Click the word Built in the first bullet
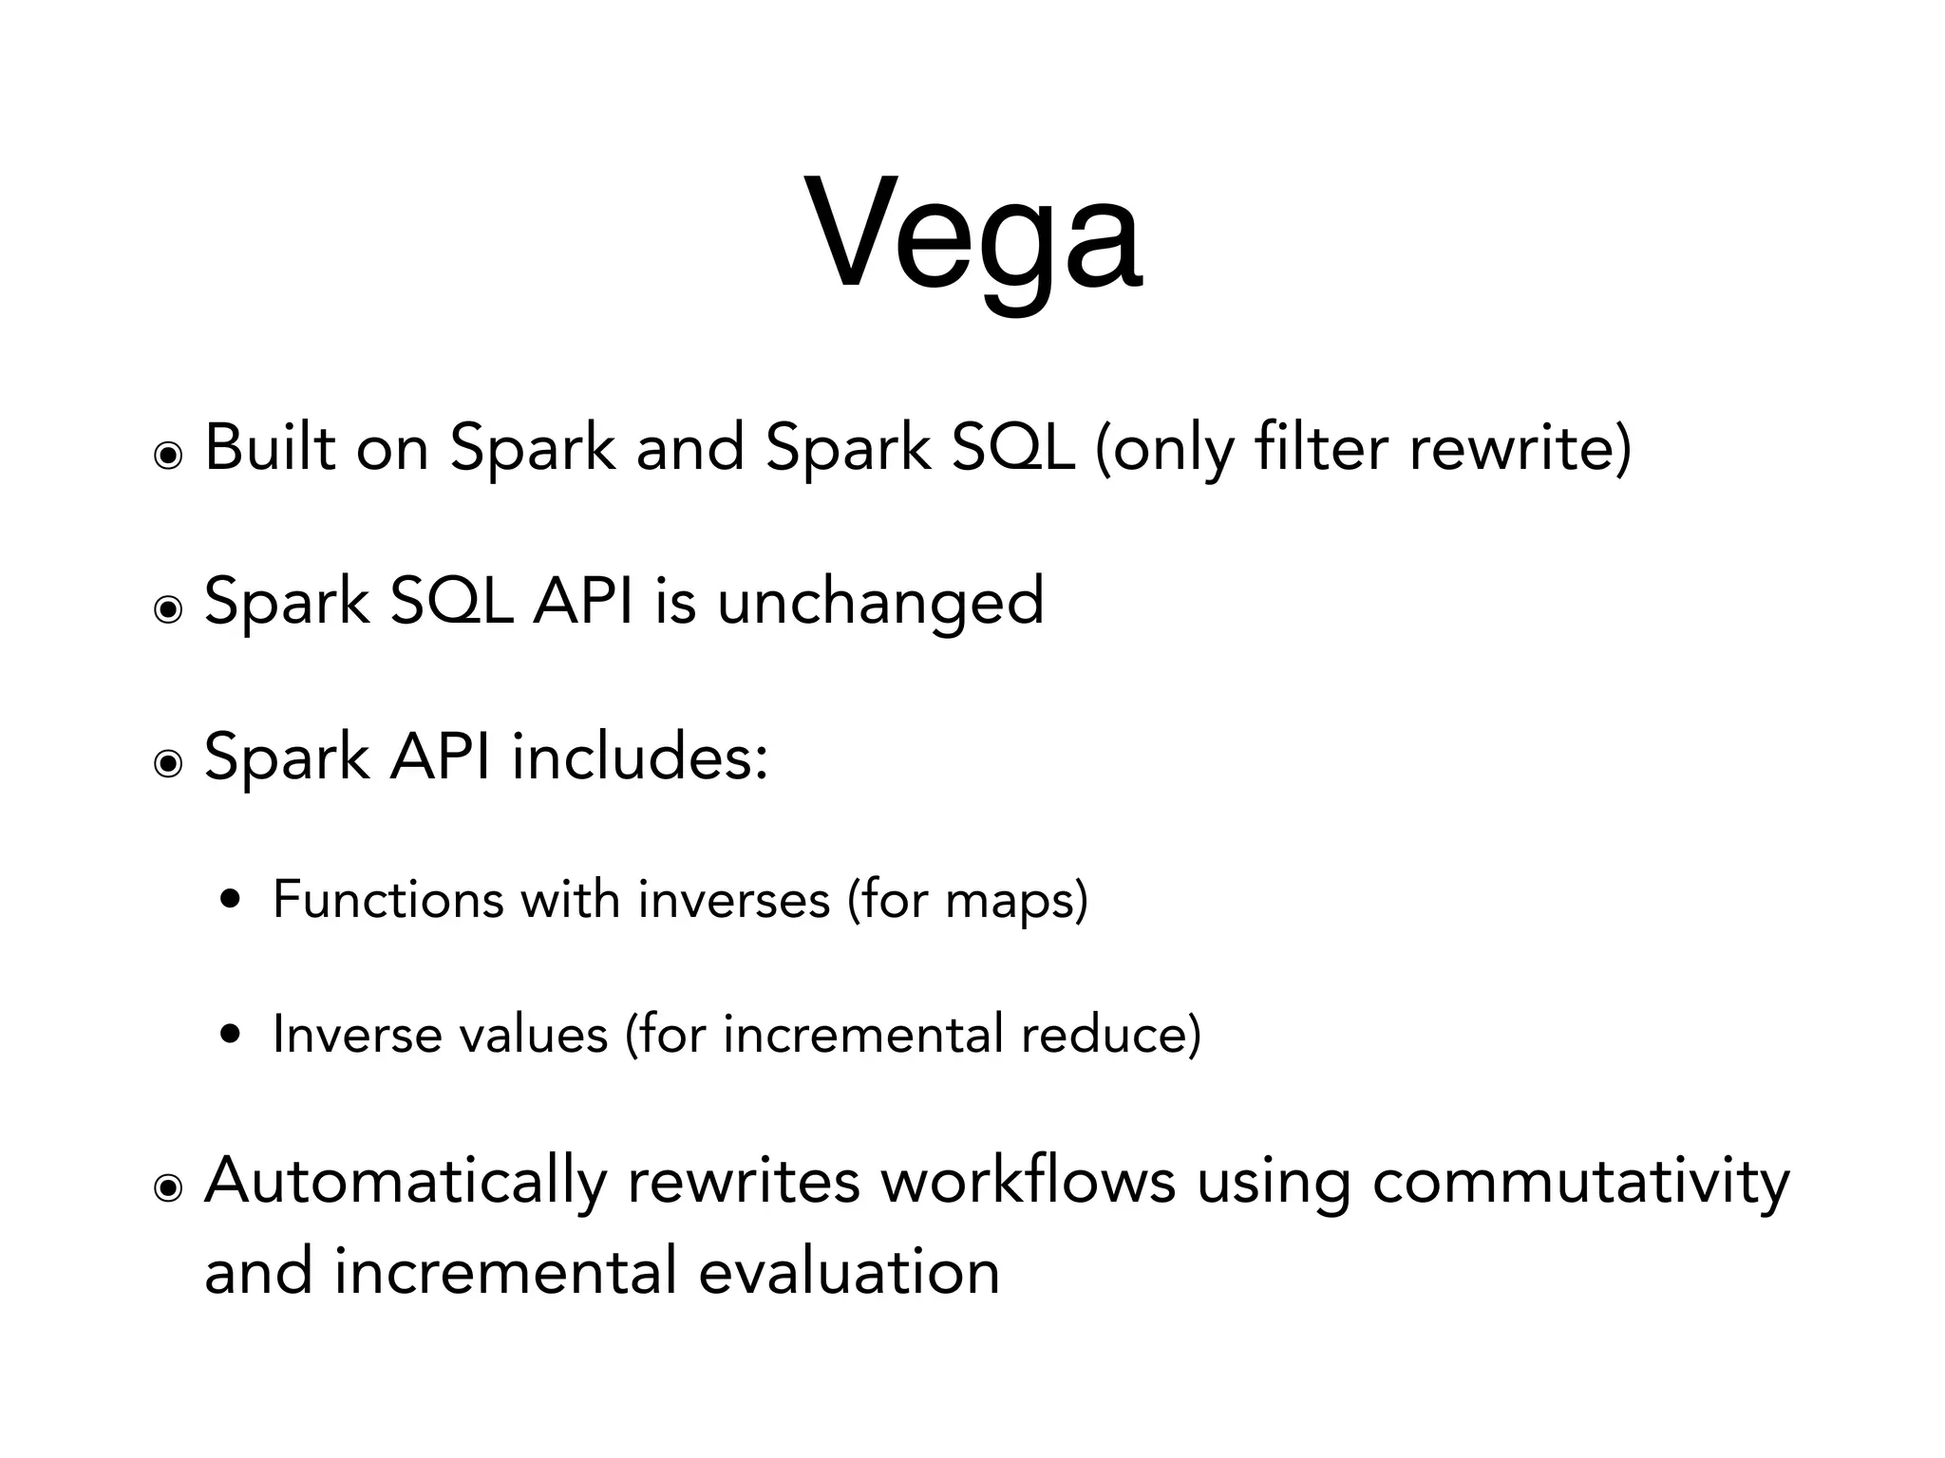[270, 447]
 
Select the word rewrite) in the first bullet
[1520, 447]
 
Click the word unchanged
[879, 602]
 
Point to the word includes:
[639, 757]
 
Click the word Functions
[387, 899]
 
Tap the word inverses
[733, 899]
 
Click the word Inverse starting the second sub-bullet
[356, 1034]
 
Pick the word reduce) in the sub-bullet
[1110, 1034]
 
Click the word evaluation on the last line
[848, 1272]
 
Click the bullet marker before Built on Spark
[168, 458]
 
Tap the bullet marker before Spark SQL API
[168, 611]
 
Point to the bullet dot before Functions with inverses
[229, 900]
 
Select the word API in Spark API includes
[440, 757]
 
